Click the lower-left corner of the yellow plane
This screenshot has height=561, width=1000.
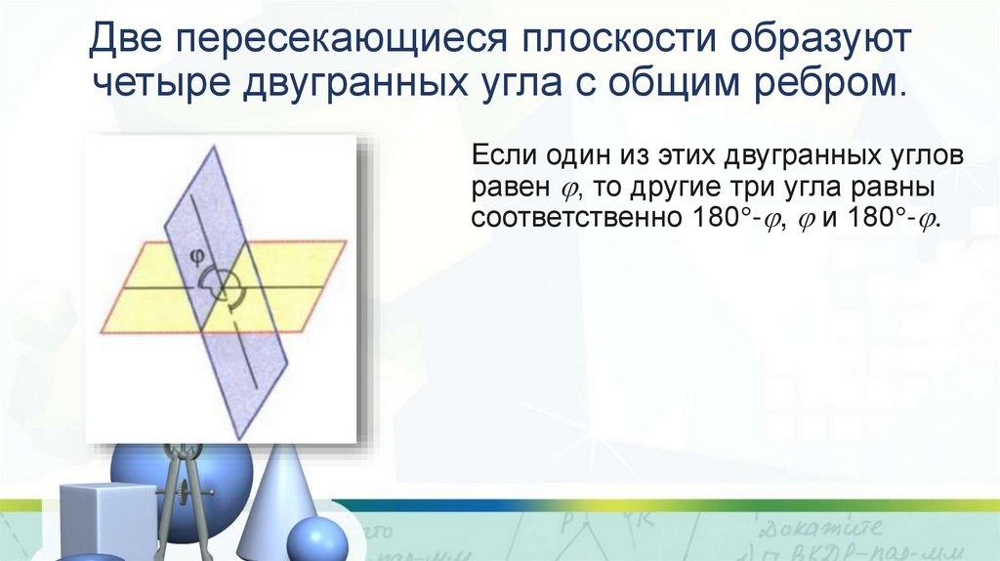coord(103,332)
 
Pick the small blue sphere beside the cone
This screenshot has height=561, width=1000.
coord(317,540)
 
